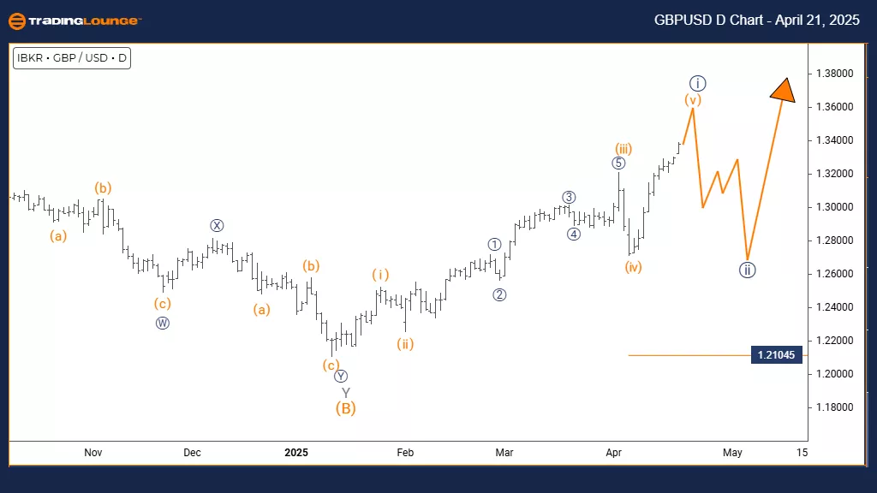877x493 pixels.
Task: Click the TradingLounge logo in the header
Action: [x=74, y=21]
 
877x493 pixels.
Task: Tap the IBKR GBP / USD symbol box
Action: [x=72, y=58]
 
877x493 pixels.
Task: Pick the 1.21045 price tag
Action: [x=778, y=355]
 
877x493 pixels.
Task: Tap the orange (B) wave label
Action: [x=345, y=408]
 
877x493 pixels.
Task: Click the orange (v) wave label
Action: [x=693, y=99]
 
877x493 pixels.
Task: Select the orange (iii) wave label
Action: [x=623, y=149]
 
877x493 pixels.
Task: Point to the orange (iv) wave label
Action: [x=633, y=267]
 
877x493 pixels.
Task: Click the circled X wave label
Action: [x=218, y=226]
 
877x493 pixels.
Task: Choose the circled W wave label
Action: [x=163, y=323]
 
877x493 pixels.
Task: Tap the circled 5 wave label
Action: [x=619, y=163]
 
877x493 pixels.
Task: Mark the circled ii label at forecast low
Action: [x=747, y=270]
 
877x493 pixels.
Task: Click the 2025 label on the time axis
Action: [x=295, y=452]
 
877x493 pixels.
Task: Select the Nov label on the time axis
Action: [x=93, y=452]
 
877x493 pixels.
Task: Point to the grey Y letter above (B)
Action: [x=345, y=392]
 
